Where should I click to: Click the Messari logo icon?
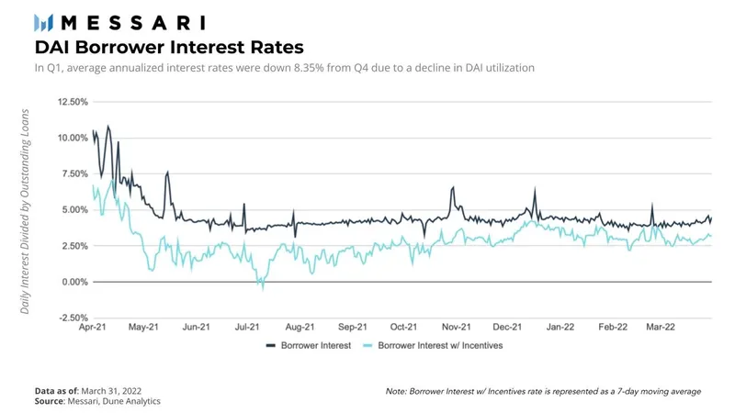point(44,22)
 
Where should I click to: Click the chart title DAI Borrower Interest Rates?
point(169,46)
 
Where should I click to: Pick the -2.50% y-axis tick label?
point(70,318)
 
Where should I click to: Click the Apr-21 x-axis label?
point(94,327)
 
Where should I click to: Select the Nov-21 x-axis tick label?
point(457,327)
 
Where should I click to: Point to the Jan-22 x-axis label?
point(560,327)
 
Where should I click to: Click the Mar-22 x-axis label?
point(663,327)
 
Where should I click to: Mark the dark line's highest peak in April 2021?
point(108,126)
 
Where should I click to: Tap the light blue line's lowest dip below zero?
point(262,288)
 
